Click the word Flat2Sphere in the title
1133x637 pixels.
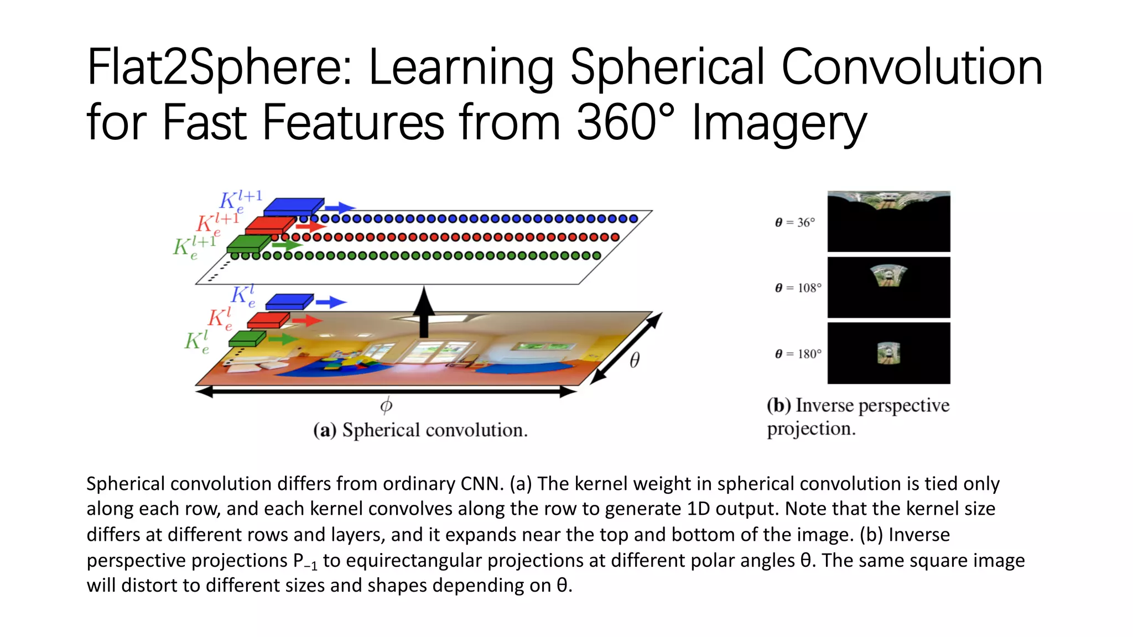(x=219, y=67)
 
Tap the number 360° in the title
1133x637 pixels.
(x=626, y=123)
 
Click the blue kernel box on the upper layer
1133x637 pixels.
(x=294, y=207)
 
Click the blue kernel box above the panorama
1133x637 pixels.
(x=289, y=302)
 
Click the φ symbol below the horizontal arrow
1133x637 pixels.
(x=386, y=405)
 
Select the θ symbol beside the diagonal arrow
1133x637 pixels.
(x=635, y=361)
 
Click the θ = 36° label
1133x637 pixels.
(x=795, y=222)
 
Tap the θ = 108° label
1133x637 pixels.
(x=798, y=288)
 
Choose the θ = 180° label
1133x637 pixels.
(x=798, y=353)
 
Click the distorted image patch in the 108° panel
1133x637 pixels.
(x=888, y=275)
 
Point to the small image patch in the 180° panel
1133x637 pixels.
(x=888, y=353)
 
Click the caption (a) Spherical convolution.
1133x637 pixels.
(x=420, y=430)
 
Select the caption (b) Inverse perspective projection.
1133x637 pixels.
(x=857, y=416)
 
